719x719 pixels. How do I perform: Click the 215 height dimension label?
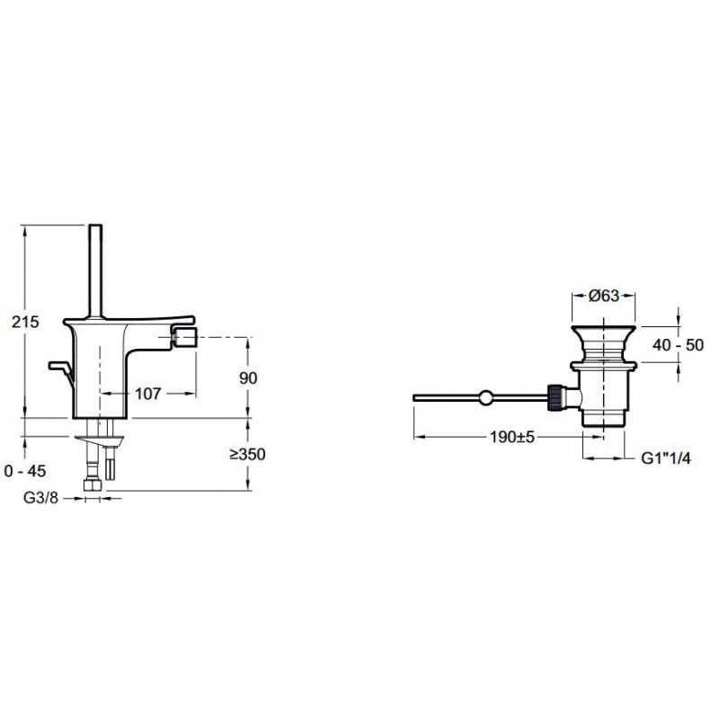(25, 323)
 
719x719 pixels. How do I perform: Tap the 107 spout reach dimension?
(147, 394)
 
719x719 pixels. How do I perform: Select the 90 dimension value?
(248, 378)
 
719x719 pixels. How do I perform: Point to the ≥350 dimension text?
(248, 455)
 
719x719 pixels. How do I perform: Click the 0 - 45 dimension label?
(25, 471)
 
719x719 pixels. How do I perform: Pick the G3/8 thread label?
(41, 498)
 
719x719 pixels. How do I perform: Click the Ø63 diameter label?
(603, 296)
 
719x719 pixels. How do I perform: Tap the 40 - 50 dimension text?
(678, 345)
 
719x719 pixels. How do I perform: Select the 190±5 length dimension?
(512, 437)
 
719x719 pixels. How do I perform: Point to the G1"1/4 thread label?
(665, 457)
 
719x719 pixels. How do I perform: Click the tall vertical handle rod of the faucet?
(95, 271)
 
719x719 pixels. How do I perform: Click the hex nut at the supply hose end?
(93, 485)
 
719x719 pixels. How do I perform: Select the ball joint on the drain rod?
(485, 397)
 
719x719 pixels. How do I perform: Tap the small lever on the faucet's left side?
(60, 369)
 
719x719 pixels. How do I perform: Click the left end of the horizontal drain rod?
(413, 397)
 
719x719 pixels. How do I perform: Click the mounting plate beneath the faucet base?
(100, 439)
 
